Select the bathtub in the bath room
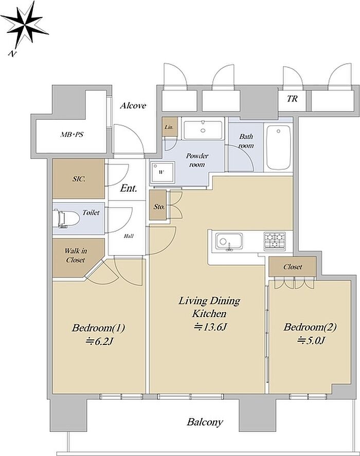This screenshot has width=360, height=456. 279,147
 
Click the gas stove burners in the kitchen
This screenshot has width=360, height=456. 275,241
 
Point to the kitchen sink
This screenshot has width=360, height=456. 229,242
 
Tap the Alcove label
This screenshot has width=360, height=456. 133,105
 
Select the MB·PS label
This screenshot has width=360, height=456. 72,135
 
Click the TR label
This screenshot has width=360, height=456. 292,99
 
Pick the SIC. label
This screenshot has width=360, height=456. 79,179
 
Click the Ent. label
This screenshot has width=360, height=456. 129,188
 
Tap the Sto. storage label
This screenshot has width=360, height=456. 159,207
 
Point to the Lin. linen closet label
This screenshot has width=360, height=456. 169,127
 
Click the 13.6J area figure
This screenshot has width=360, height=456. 210,327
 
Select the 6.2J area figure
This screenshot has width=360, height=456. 99,341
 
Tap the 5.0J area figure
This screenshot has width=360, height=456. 311,340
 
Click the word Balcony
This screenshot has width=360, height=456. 205,422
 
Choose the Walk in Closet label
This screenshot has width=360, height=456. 76,256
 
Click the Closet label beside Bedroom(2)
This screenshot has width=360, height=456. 293,267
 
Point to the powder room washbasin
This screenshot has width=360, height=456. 203,130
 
